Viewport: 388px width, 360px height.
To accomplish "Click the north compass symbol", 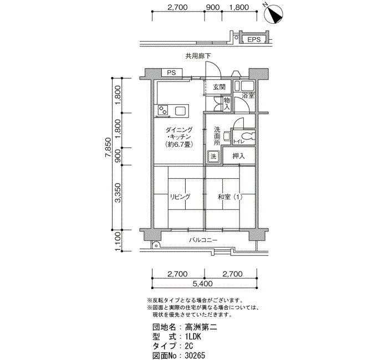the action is [274, 14].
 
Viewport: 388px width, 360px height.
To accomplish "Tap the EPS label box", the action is [254, 39].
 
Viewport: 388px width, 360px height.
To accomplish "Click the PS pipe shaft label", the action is [171, 73].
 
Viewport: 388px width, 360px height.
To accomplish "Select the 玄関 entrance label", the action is [219, 87].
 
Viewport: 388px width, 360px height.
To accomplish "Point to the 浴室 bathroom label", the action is [248, 95].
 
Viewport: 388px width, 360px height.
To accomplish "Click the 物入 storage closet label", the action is [227, 104].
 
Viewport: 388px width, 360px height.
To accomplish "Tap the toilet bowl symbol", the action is [247, 136].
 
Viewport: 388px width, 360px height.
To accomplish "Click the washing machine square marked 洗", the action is [213, 156].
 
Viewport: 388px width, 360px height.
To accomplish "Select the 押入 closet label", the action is [238, 156].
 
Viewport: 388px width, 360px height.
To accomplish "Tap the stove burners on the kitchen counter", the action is [163, 111].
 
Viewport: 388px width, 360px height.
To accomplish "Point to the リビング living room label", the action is [180, 197].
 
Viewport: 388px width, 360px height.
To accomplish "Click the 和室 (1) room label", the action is [230, 197].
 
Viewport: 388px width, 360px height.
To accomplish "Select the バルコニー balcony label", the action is [203, 240].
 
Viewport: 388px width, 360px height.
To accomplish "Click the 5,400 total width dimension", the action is [202, 284].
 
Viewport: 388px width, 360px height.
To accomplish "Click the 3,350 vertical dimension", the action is [118, 193].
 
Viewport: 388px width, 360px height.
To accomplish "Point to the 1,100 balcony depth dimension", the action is [118, 241].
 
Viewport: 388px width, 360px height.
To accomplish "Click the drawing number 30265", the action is [195, 356].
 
